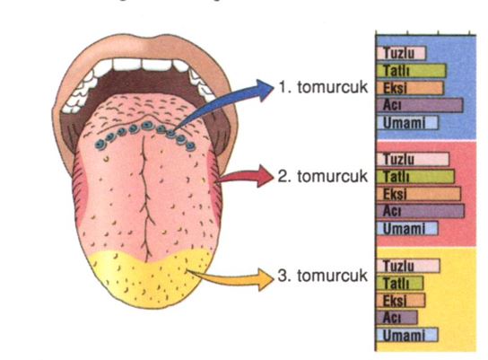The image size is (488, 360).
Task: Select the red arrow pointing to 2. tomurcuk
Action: click(x=246, y=177)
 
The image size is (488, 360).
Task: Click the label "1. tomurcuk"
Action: click(x=323, y=87)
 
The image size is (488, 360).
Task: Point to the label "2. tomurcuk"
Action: click(x=322, y=176)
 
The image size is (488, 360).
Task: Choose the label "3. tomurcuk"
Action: click(x=322, y=276)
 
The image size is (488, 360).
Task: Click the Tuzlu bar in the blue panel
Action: click(x=401, y=53)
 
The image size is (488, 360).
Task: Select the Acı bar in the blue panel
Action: click(x=420, y=105)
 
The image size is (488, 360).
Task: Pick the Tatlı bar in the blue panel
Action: click(x=412, y=71)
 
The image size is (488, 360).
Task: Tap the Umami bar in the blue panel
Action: click(x=407, y=123)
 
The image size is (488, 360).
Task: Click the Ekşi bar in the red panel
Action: click(x=419, y=194)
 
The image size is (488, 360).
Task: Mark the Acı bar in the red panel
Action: click(x=421, y=211)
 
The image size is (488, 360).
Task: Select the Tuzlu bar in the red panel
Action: click(x=413, y=159)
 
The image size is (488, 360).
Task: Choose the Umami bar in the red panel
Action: click(x=407, y=229)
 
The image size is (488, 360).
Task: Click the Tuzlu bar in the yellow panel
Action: click(x=408, y=266)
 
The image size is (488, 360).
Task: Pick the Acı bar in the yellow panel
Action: click(x=397, y=317)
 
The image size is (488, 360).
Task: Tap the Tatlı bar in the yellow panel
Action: click(x=400, y=283)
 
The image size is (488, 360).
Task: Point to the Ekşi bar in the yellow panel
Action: click(x=401, y=300)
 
